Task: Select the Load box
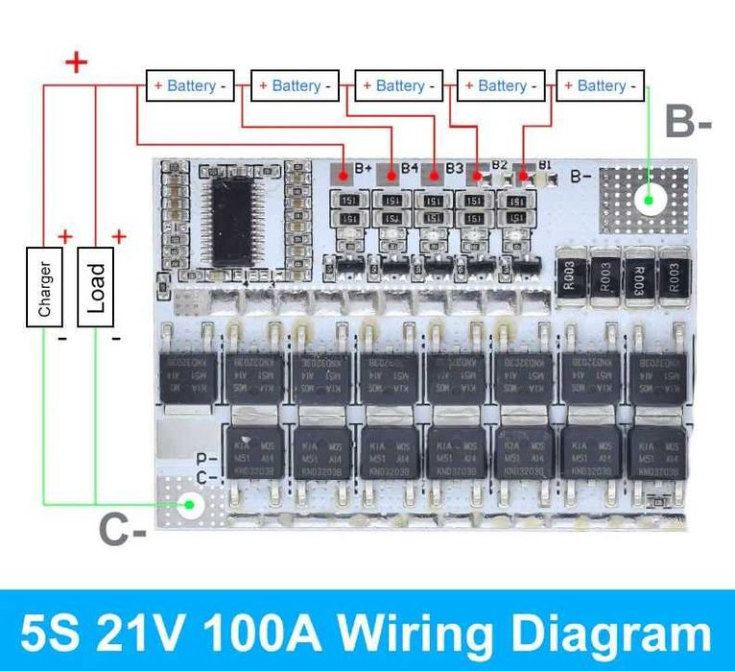pyautogui.click(x=97, y=286)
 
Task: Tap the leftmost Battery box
pyautogui.click(x=191, y=85)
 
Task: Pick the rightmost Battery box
pyautogui.click(x=601, y=85)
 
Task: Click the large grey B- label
pyautogui.click(x=689, y=123)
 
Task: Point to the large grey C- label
pyautogui.click(x=123, y=530)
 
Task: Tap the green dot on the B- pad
pyautogui.click(x=650, y=200)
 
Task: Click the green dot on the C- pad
pyautogui.click(x=192, y=504)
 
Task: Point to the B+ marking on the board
pyautogui.click(x=364, y=169)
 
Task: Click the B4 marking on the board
pyautogui.click(x=410, y=168)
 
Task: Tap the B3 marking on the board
pyautogui.click(x=454, y=168)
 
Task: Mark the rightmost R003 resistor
pyautogui.click(x=675, y=276)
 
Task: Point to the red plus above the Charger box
pyautogui.click(x=65, y=236)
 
